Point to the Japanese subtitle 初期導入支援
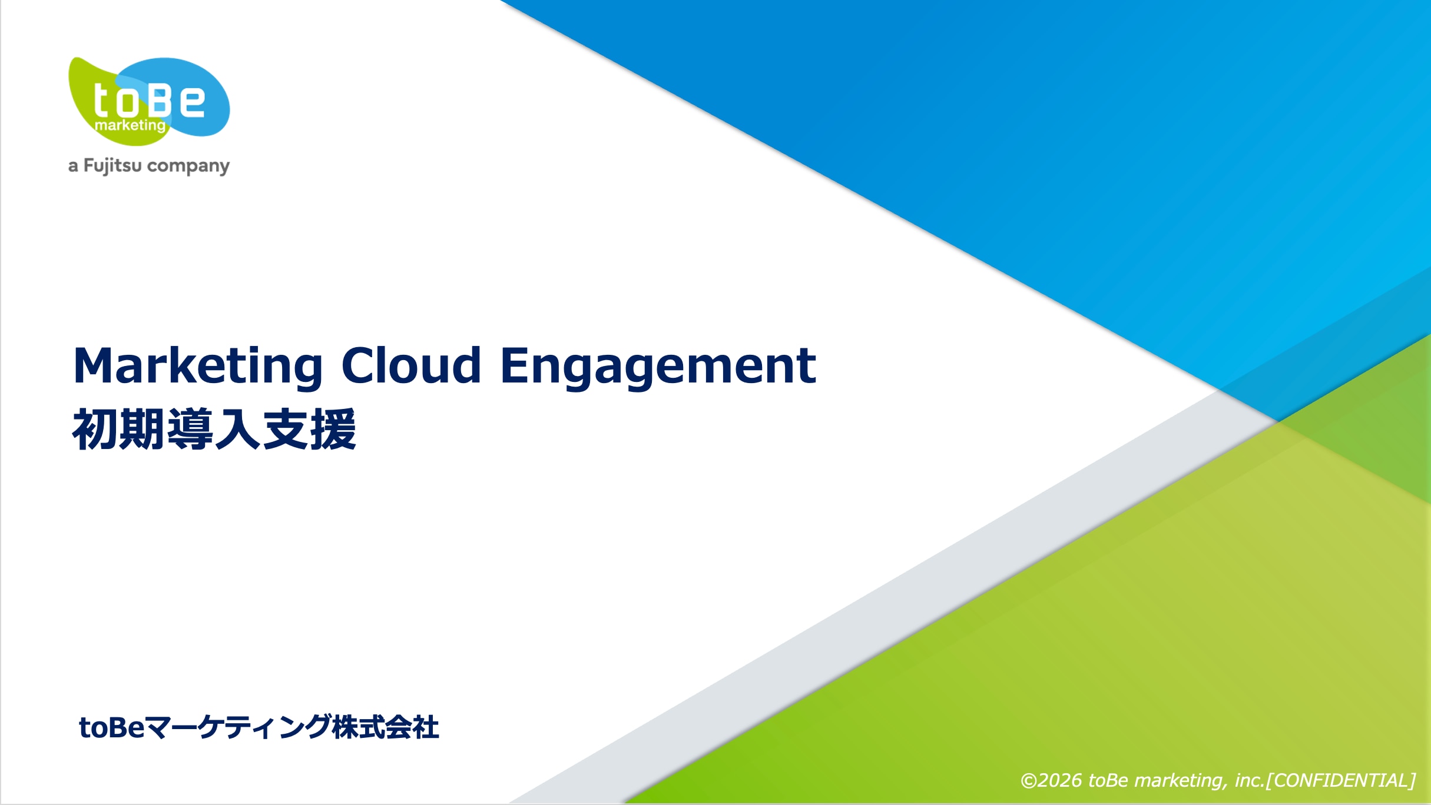click(x=214, y=429)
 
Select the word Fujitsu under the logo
click(x=112, y=166)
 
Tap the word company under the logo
click(x=188, y=167)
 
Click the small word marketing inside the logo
click(x=130, y=125)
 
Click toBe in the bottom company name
click(x=112, y=727)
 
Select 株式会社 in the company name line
click(x=386, y=727)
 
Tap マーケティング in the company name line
click(x=238, y=727)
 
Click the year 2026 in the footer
click(x=1059, y=780)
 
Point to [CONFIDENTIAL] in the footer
click(x=1341, y=780)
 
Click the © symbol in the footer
click(x=1029, y=781)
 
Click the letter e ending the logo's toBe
click(x=192, y=101)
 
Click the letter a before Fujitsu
click(x=73, y=167)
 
